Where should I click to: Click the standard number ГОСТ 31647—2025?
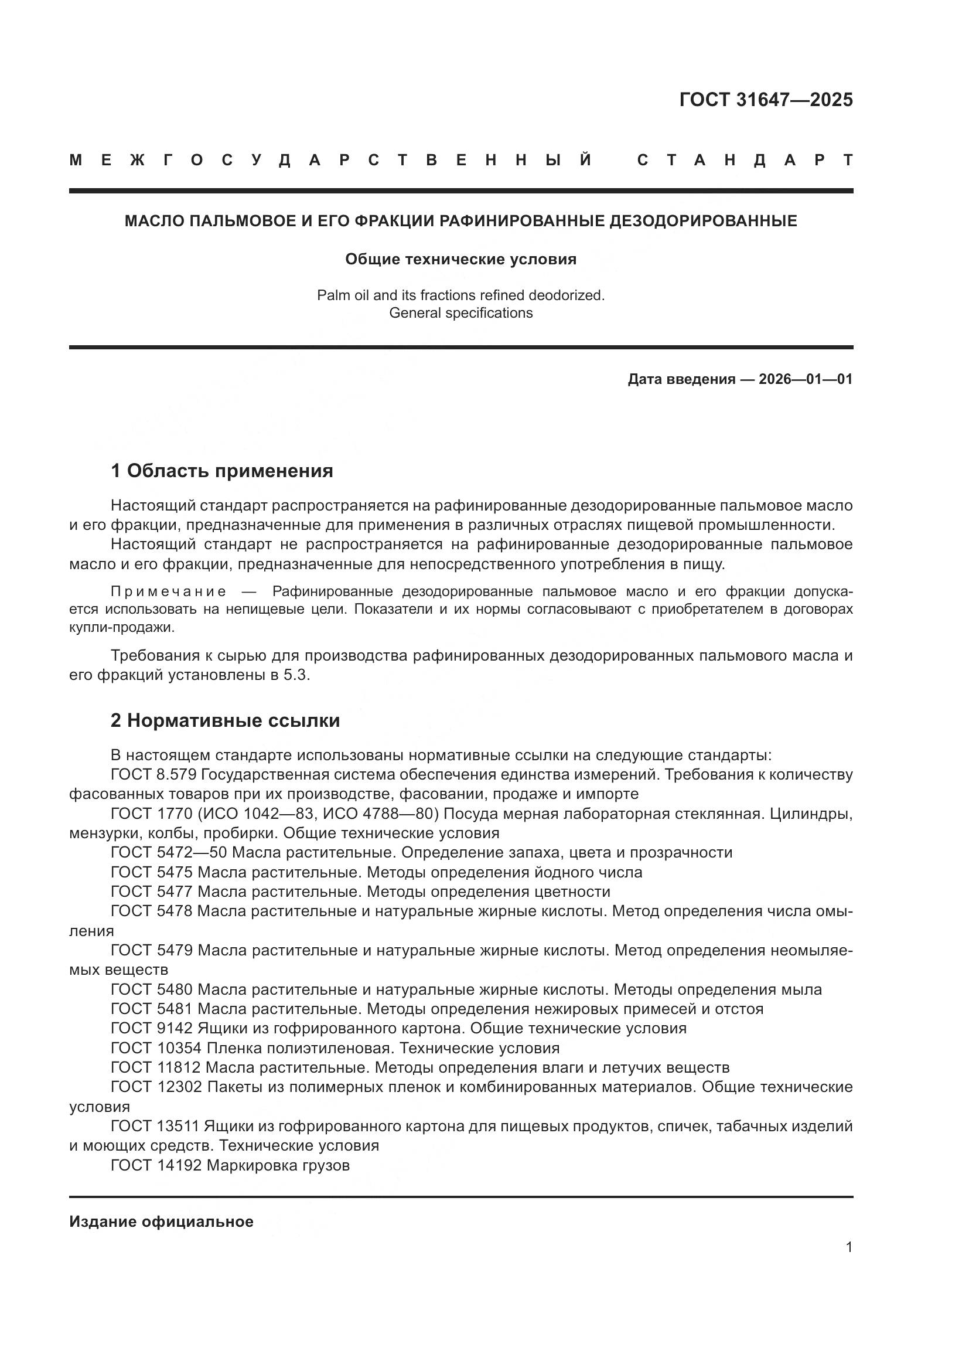tap(766, 100)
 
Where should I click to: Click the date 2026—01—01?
tap(805, 379)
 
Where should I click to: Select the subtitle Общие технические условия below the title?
tap(460, 259)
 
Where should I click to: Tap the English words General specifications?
tap(460, 313)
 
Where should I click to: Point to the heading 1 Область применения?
tap(221, 471)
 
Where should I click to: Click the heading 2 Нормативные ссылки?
tap(225, 721)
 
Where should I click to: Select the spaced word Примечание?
tap(169, 591)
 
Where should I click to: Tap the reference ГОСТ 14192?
tap(158, 1165)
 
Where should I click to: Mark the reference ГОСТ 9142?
tap(152, 1028)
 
